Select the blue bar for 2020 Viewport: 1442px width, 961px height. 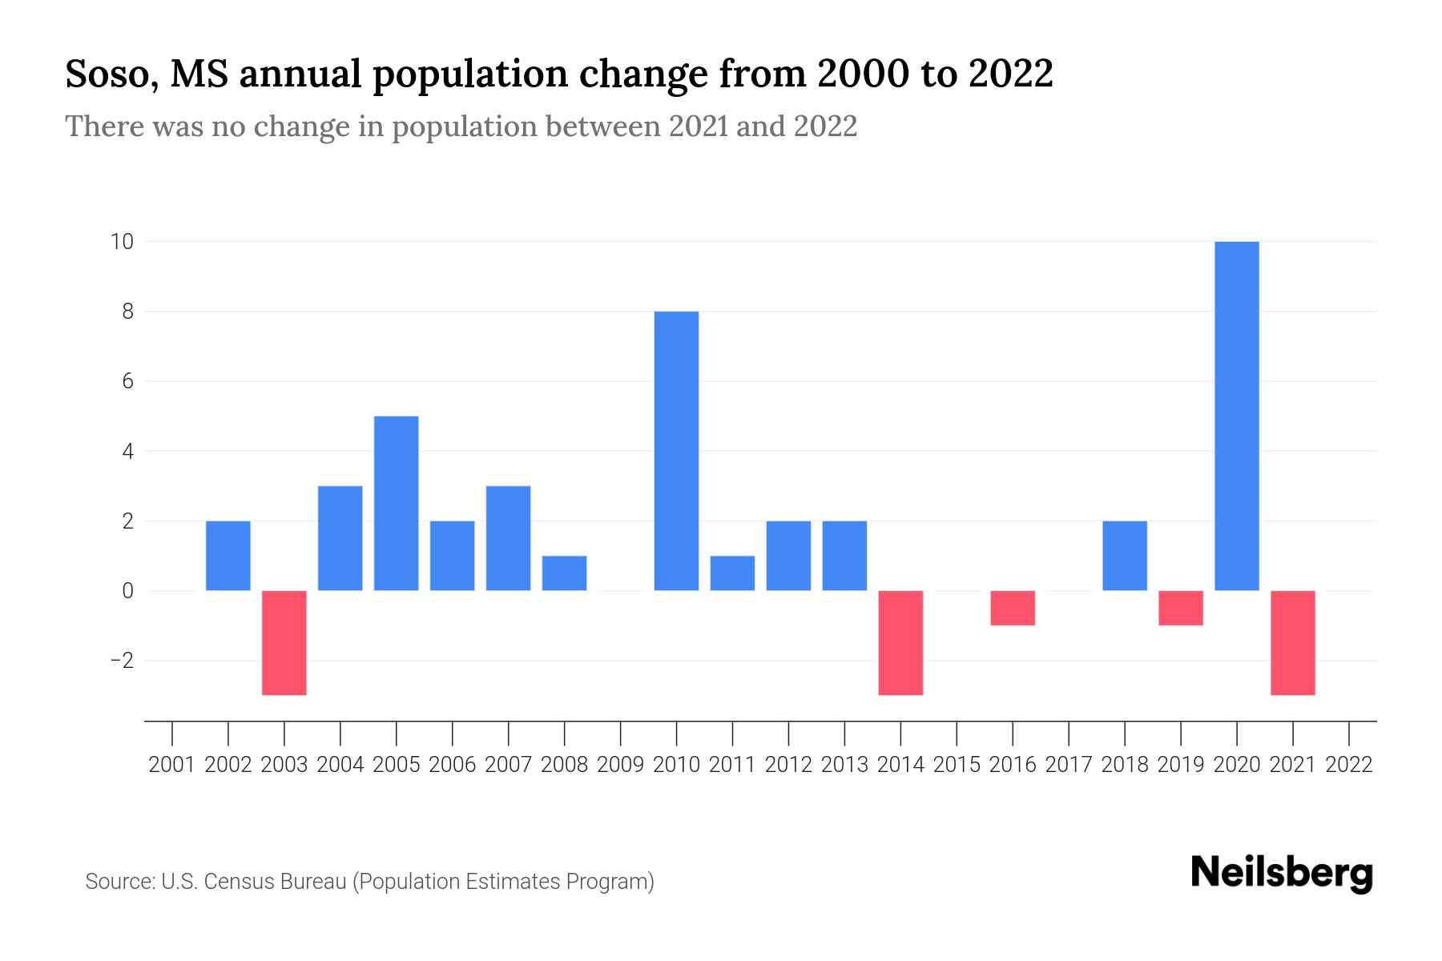point(1237,416)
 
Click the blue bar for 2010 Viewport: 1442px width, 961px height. point(676,451)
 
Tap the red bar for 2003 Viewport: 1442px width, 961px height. point(284,642)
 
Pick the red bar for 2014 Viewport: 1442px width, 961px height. point(900,642)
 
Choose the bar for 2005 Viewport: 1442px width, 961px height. point(397,503)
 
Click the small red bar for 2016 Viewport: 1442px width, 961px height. point(1013,608)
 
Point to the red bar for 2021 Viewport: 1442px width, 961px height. point(1293,642)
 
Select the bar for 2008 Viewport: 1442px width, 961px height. point(564,573)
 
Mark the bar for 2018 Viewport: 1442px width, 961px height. point(1125,556)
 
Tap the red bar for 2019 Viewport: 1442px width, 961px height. point(1181,608)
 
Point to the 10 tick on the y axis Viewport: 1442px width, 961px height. point(122,241)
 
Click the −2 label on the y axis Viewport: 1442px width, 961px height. point(122,661)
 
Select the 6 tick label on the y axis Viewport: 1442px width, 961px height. point(127,381)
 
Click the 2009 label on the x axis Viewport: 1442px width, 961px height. point(620,765)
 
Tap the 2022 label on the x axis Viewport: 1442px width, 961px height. point(1349,765)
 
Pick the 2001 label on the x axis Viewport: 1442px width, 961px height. point(172,765)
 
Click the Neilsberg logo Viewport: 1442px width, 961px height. point(1282,873)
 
